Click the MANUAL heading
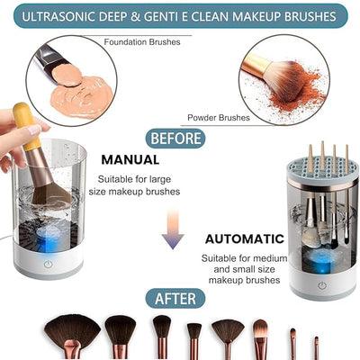coord(130,159)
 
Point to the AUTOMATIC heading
coord(244,238)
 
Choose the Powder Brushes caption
coord(218,118)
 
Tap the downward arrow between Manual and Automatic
coord(173,235)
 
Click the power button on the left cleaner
coord(57,265)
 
